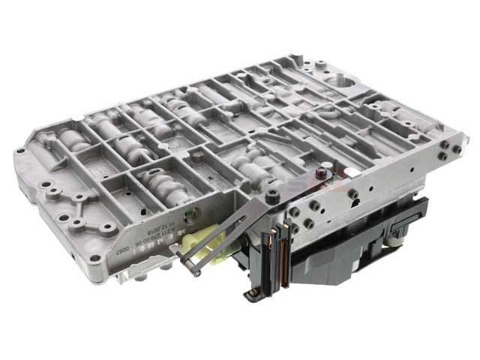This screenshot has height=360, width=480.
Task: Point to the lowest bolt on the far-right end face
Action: (x=447, y=156)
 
